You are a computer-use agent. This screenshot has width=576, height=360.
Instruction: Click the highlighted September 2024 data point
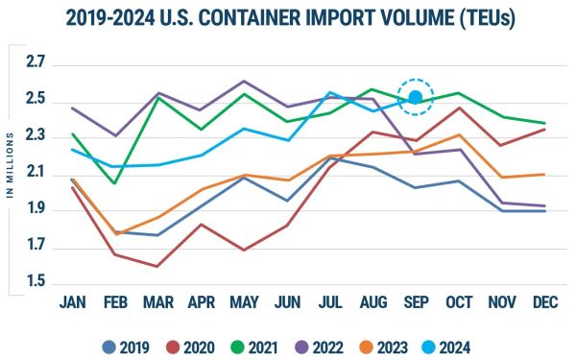click(416, 97)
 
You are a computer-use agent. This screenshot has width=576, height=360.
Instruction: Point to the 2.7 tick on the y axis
click(36, 64)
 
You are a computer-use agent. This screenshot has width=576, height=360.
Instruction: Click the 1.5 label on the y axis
click(36, 282)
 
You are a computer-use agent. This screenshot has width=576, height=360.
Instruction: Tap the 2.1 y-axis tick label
click(36, 173)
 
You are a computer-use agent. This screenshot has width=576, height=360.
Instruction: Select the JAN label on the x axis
click(72, 302)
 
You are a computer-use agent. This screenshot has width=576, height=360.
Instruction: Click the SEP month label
click(416, 302)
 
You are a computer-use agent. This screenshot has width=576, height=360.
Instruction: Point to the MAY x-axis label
click(244, 302)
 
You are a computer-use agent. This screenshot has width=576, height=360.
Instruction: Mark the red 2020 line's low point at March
click(157, 266)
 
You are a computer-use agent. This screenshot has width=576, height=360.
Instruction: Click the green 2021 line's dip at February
click(115, 182)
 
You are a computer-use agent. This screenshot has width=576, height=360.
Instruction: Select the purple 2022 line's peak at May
click(244, 81)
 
